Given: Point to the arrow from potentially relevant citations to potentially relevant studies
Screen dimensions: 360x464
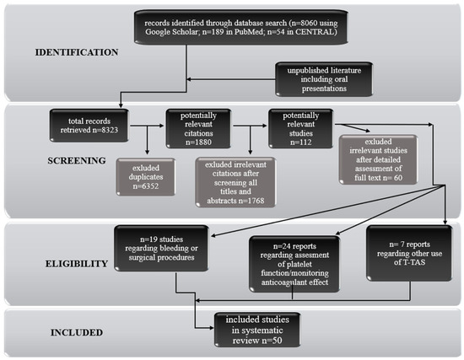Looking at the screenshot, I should tap(252, 127).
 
